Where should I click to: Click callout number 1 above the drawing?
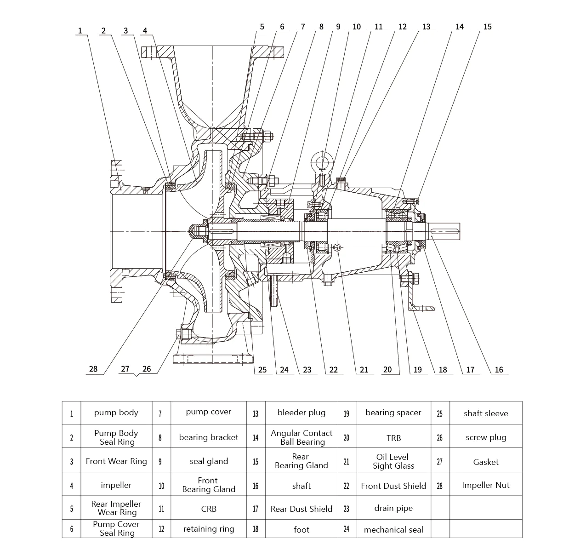[x=80, y=31]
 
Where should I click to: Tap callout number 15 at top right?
[x=487, y=27]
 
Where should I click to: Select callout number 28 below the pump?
[x=93, y=369]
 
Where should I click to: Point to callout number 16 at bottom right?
[x=499, y=369]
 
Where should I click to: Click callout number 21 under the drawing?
[x=364, y=369]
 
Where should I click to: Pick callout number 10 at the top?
[x=357, y=27]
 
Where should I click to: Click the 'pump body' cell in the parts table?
[x=116, y=413]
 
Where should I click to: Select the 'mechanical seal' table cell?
[x=393, y=530]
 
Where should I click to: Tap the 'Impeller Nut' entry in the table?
[x=485, y=485]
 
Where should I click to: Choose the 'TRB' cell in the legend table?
[x=393, y=438]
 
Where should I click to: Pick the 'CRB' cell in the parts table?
[x=208, y=509]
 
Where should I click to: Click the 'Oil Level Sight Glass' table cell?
[x=393, y=461]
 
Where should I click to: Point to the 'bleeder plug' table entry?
[x=301, y=413]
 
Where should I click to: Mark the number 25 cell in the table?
[x=439, y=413]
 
